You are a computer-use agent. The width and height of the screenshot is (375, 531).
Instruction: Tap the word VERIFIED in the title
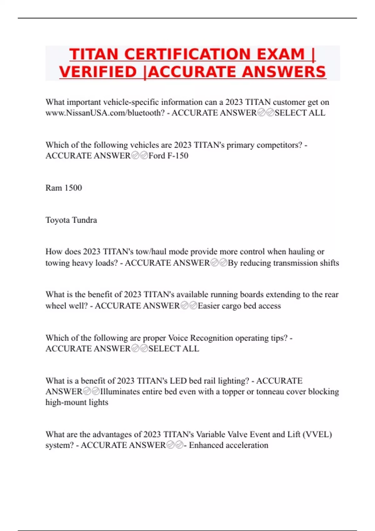(x=98, y=72)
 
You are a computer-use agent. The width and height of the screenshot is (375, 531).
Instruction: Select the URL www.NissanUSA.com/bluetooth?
(x=105, y=113)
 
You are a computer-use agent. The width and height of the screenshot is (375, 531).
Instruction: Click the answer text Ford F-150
(x=168, y=156)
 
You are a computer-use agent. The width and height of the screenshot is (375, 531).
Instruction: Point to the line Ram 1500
(x=64, y=188)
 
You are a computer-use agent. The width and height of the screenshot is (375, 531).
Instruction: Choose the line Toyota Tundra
(x=71, y=220)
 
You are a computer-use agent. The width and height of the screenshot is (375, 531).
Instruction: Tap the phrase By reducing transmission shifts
(x=283, y=263)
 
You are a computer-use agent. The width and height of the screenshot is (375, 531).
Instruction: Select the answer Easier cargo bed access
(x=239, y=306)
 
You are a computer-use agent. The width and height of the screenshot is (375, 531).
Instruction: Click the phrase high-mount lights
(x=77, y=402)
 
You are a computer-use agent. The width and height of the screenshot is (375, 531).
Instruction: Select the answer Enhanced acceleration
(x=228, y=445)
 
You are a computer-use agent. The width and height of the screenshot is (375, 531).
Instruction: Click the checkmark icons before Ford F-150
(x=139, y=156)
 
